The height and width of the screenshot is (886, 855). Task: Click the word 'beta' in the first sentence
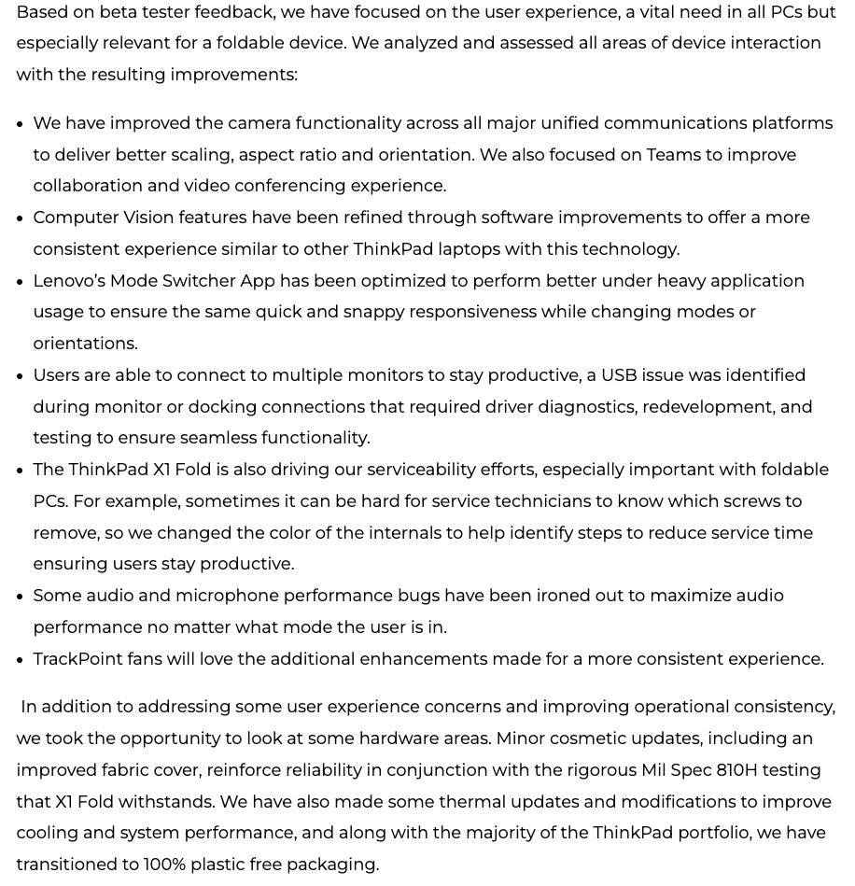118,12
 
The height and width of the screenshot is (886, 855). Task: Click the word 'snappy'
373,312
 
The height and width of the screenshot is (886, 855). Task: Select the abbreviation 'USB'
619,375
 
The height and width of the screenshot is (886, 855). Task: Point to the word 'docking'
221,407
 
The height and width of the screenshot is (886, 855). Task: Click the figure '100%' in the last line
164,865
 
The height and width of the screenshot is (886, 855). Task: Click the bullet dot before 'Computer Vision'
20,218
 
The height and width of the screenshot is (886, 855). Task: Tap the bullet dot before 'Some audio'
20,597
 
